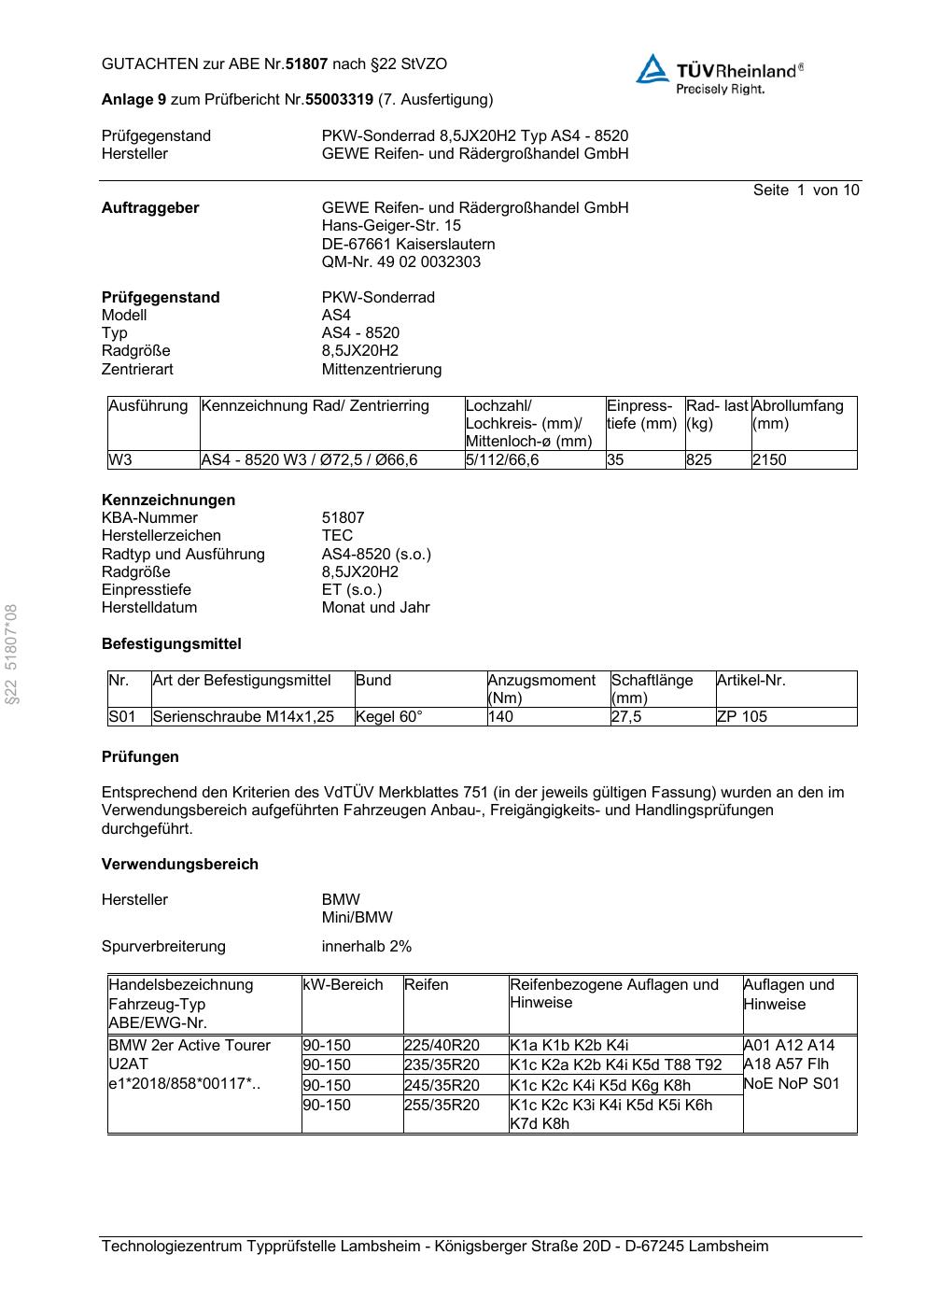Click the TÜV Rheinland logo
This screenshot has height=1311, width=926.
(x=720, y=73)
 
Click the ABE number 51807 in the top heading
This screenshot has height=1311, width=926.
(x=306, y=64)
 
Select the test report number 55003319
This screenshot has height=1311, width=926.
(x=339, y=99)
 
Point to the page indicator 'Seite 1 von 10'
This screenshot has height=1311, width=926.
(x=806, y=190)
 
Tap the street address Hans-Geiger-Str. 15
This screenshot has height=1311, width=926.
(x=391, y=226)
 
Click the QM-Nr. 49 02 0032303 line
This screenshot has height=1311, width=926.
(x=401, y=262)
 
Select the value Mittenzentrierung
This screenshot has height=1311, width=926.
(x=382, y=370)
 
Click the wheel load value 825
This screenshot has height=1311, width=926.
(x=698, y=460)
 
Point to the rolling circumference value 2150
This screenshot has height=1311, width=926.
(x=769, y=460)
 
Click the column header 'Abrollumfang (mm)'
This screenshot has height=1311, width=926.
(x=797, y=415)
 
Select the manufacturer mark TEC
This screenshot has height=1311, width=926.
(x=337, y=536)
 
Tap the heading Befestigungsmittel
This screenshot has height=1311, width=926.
(x=171, y=644)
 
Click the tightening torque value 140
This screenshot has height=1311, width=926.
(x=500, y=717)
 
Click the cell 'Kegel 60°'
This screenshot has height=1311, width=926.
(x=388, y=717)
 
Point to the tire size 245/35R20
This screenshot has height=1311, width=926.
(x=442, y=1085)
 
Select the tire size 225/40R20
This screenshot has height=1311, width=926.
(x=442, y=1046)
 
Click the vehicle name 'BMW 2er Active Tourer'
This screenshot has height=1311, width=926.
(x=189, y=1046)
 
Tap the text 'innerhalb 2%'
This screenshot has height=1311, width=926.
(x=366, y=947)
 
